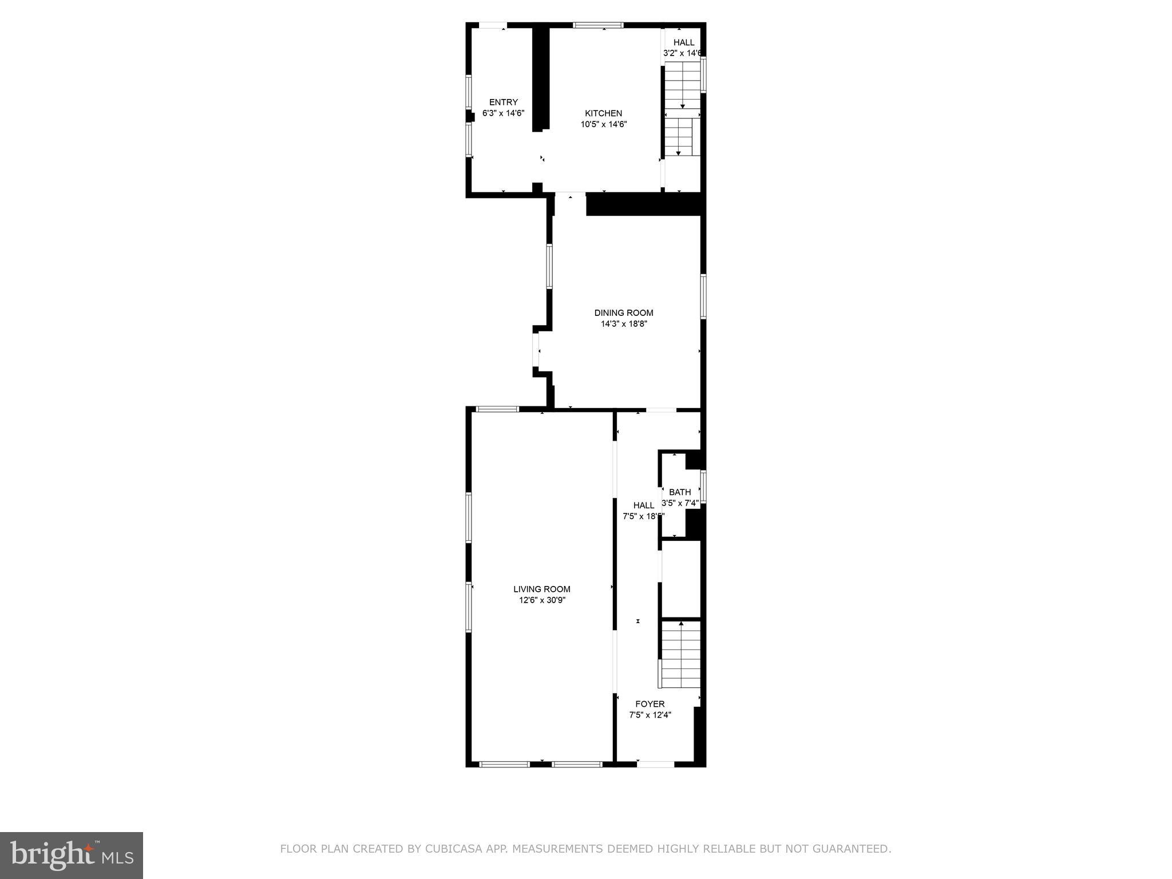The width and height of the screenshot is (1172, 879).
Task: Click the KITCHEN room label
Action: coord(603,113)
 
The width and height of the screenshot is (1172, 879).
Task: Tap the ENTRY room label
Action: coord(503,102)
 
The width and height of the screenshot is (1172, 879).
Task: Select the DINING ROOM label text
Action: coord(623,313)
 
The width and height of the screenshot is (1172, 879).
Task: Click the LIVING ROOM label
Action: coord(541,589)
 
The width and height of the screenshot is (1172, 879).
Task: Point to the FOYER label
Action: coord(650,704)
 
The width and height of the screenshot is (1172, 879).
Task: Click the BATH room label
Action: coord(680,492)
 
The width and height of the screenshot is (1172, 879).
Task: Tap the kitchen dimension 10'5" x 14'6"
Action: coord(604,124)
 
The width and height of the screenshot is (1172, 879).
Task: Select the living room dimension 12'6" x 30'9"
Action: coord(541,600)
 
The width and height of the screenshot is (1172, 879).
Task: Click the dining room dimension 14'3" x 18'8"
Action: coord(623,324)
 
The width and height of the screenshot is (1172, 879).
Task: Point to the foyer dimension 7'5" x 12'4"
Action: coord(650,715)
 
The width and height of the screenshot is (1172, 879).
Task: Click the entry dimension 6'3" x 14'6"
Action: coord(503,113)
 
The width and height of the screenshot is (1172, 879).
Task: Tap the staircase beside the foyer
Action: coord(680,655)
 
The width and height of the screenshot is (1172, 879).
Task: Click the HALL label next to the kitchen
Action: coord(683,42)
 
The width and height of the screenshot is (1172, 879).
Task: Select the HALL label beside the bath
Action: coord(643,505)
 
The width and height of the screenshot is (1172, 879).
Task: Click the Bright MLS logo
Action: coord(72,855)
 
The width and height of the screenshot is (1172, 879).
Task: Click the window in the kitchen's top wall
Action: coord(598,25)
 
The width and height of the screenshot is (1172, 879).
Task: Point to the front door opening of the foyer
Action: coord(656,764)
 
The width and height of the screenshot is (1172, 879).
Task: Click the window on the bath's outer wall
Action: coord(703,486)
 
